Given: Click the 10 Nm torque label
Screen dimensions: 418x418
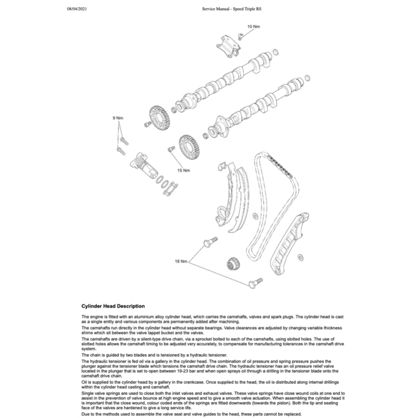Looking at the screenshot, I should (253, 27).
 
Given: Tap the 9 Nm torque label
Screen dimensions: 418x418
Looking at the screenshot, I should (118, 118).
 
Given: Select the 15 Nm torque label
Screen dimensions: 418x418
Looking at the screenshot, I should (184, 170).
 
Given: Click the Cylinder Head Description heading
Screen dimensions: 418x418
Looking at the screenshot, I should (113, 306).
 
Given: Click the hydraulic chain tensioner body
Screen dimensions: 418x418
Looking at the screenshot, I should (143, 167).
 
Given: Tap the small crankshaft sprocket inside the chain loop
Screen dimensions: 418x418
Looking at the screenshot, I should (233, 264).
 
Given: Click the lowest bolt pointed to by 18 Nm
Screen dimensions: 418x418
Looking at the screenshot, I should (255, 282).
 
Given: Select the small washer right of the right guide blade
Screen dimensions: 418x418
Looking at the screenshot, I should (301, 257).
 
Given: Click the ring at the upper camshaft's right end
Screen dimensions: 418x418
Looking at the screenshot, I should (276, 52).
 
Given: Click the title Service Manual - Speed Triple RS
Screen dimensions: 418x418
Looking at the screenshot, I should (232, 9).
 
